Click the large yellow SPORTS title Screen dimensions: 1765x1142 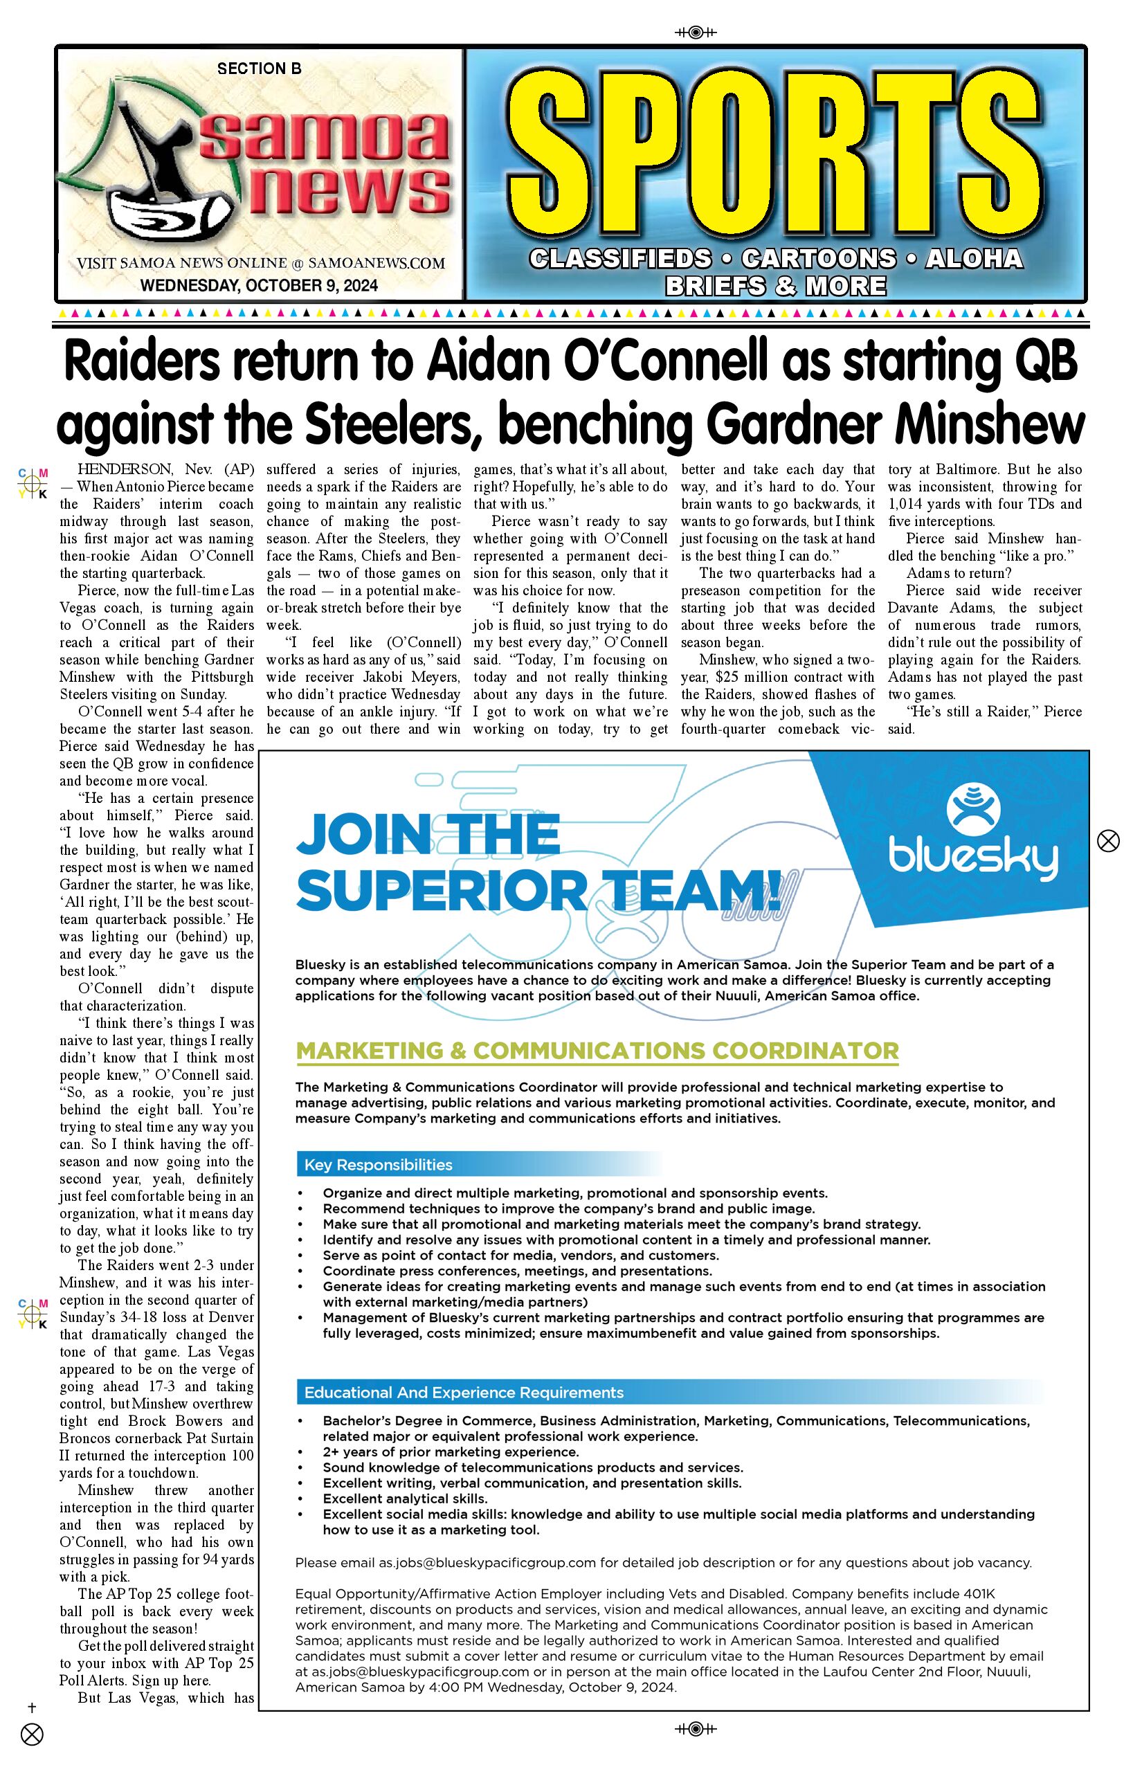[775, 156]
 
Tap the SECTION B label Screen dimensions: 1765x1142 [259, 69]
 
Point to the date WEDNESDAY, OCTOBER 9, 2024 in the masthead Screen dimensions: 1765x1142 [259, 285]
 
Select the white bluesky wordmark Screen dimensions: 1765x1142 [973, 860]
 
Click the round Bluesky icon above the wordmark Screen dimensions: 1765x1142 [973, 807]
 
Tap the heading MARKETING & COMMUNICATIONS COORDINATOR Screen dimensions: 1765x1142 [597, 1051]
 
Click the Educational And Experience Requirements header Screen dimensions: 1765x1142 [464, 1393]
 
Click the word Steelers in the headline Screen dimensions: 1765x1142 [388, 424]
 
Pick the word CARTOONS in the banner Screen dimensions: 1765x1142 [819, 259]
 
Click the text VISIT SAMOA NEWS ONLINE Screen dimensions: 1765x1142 [181, 263]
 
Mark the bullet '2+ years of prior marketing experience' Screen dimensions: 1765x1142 [450, 1452]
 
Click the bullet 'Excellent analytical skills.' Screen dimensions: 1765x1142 [404, 1499]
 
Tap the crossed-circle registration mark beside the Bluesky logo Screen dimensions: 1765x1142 [1108, 841]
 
